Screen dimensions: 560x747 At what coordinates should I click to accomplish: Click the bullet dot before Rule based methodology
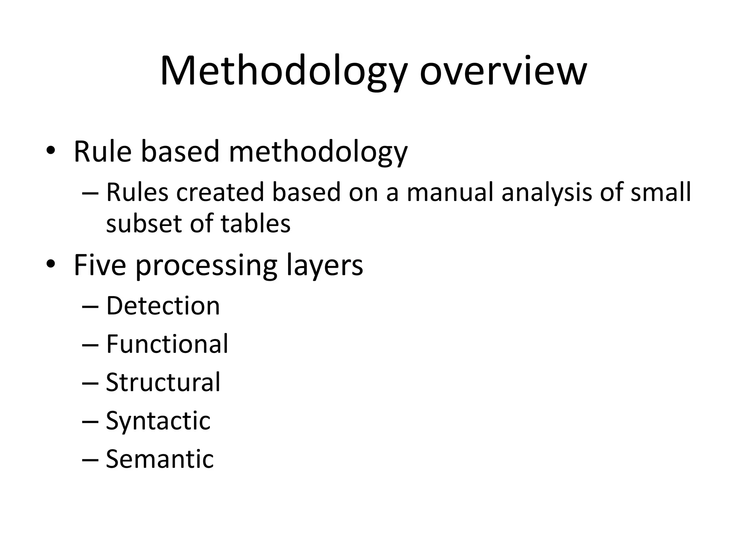pos(51,151)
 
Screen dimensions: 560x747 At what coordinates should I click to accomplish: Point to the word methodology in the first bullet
pos(318,152)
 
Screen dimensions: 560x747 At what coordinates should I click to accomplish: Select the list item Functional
pos(167,344)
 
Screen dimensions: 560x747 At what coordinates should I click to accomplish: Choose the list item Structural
pos(163,382)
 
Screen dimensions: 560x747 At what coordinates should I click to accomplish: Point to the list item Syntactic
pos(158,421)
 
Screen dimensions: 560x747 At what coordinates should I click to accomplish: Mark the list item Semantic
pos(160,459)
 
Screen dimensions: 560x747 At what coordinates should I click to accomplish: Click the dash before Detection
pos(90,307)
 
